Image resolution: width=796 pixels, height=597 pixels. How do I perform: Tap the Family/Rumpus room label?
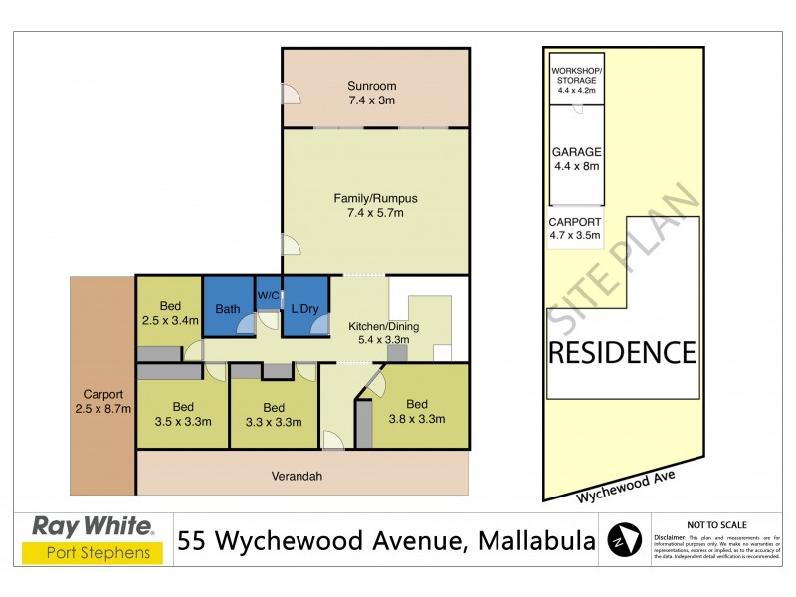(x=375, y=206)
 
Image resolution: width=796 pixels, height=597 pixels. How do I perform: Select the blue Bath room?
(x=228, y=308)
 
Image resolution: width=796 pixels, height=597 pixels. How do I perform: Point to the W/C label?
(x=268, y=295)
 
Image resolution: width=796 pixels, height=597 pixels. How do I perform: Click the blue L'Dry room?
(x=303, y=308)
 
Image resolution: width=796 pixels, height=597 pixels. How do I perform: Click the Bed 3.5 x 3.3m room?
(x=183, y=414)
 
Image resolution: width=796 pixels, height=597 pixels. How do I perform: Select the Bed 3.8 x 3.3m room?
(x=416, y=410)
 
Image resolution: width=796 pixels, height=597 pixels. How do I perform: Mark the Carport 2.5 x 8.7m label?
(x=102, y=400)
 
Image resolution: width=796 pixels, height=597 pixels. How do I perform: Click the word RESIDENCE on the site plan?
(x=622, y=352)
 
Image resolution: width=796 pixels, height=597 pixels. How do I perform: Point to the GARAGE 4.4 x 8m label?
(x=576, y=159)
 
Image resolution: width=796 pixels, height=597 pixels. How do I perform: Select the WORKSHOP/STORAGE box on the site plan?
(x=576, y=75)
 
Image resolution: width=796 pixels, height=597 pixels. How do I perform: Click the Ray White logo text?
(x=94, y=525)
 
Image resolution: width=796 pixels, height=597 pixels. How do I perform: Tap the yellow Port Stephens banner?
(x=94, y=552)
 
